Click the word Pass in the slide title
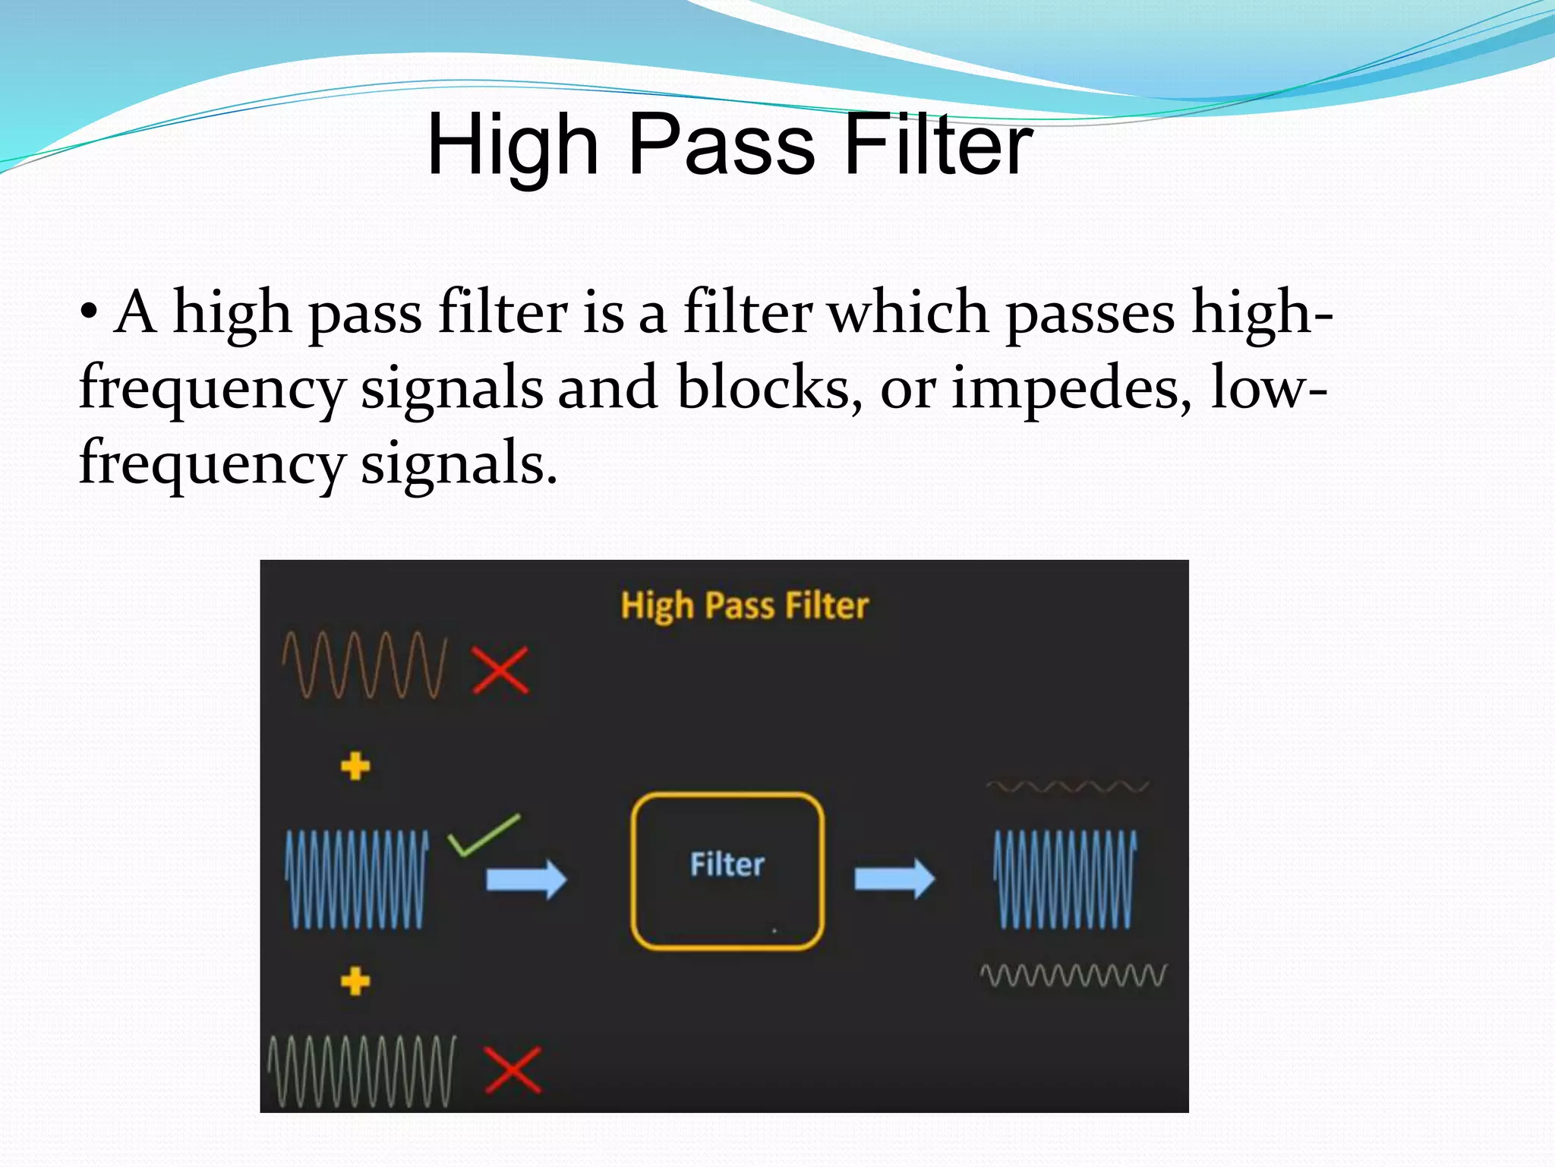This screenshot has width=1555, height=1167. [721, 144]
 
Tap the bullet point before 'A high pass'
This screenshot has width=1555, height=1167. [89, 312]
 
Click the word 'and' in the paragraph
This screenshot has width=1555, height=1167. [607, 387]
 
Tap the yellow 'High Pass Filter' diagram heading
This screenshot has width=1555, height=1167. [744, 606]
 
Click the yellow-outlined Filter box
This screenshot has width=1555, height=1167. [727, 919]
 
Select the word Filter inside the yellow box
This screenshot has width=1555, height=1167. [727, 865]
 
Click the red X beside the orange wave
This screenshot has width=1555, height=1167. [500, 670]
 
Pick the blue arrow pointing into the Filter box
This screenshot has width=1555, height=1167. [526, 879]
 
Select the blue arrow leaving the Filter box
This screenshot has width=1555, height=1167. [894, 878]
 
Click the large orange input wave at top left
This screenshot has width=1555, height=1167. [364, 664]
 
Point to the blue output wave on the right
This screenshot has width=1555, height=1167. [1065, 879]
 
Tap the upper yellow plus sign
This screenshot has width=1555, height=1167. [355, 766]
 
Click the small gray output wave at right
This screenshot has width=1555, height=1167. [1073, 976]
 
